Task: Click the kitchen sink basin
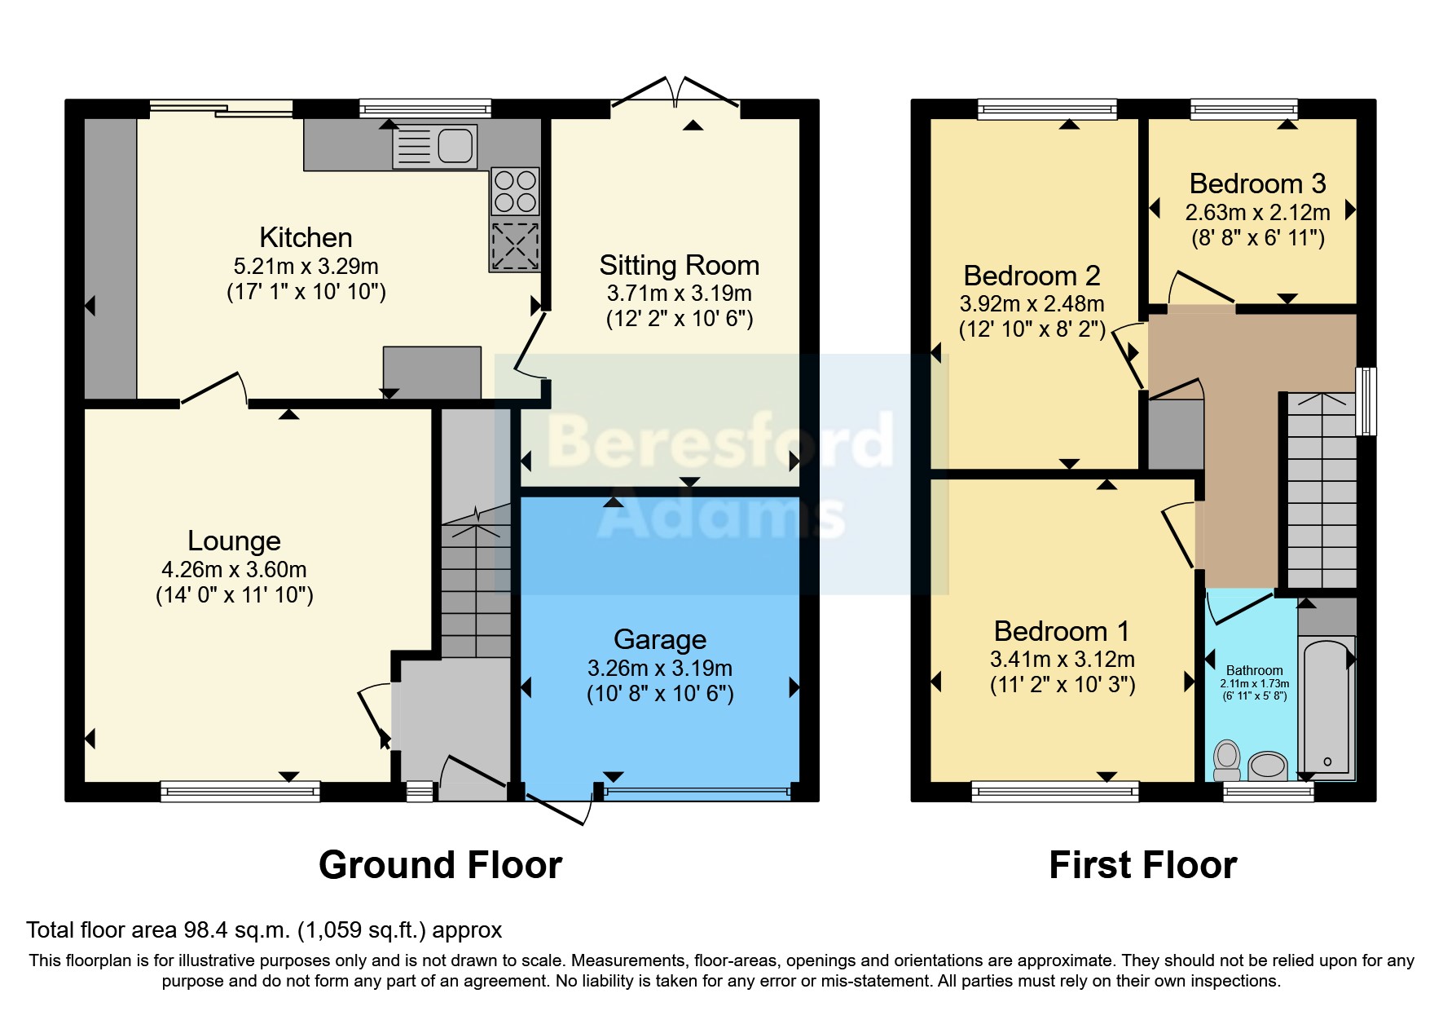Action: [x=455, y=147]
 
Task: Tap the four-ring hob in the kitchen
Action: [x=515, y=191]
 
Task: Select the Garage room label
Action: [x=660, y=639]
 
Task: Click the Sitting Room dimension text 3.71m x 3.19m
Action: [x=680, y=293]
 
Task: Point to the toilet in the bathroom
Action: [x=1227, y=760]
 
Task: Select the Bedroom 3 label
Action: [x=1257, y=183]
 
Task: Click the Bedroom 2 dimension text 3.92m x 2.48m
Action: [x=1032, y=303]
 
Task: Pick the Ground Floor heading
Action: [x=441, y=865]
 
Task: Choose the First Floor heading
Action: [x=1143, y=865]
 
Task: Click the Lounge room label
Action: [x=234, y=541]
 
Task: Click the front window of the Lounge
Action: [x=240, y=791]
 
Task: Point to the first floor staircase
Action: [x=1322, y=491]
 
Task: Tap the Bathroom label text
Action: [x=1254, y=670]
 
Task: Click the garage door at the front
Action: [x=697, y=791]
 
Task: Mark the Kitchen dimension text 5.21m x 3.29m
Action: [x=306, y=266]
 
